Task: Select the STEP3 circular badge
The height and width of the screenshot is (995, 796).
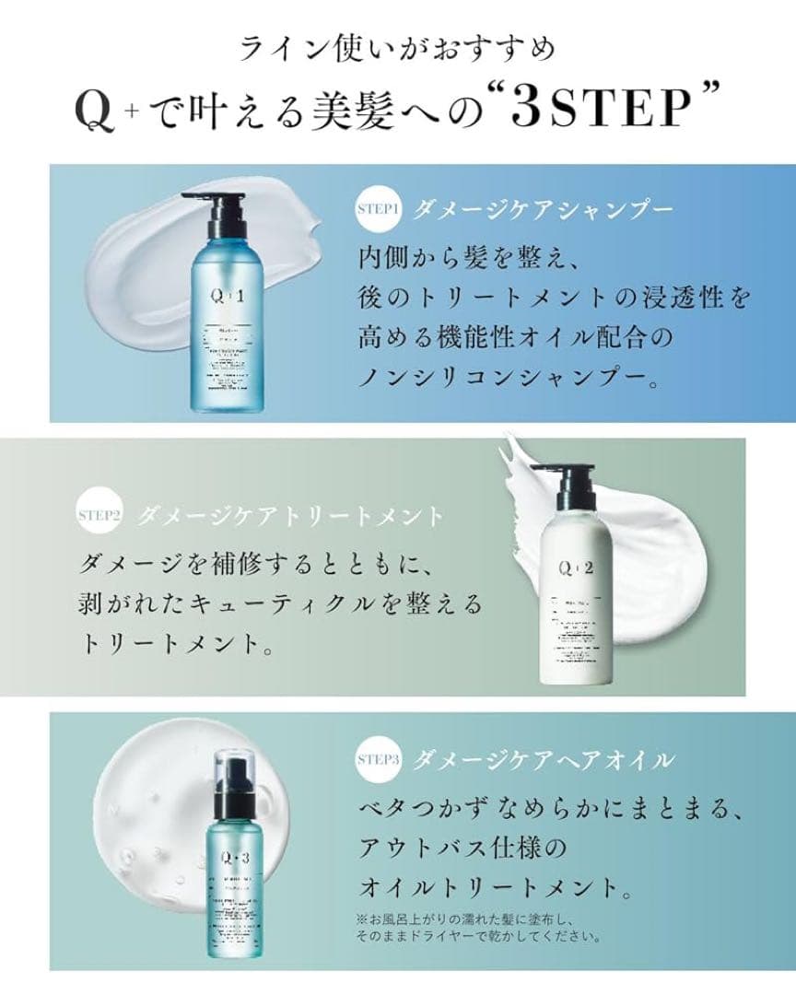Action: [x=378, y=760]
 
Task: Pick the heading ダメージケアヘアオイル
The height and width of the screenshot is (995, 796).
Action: [x=543, y=760]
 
